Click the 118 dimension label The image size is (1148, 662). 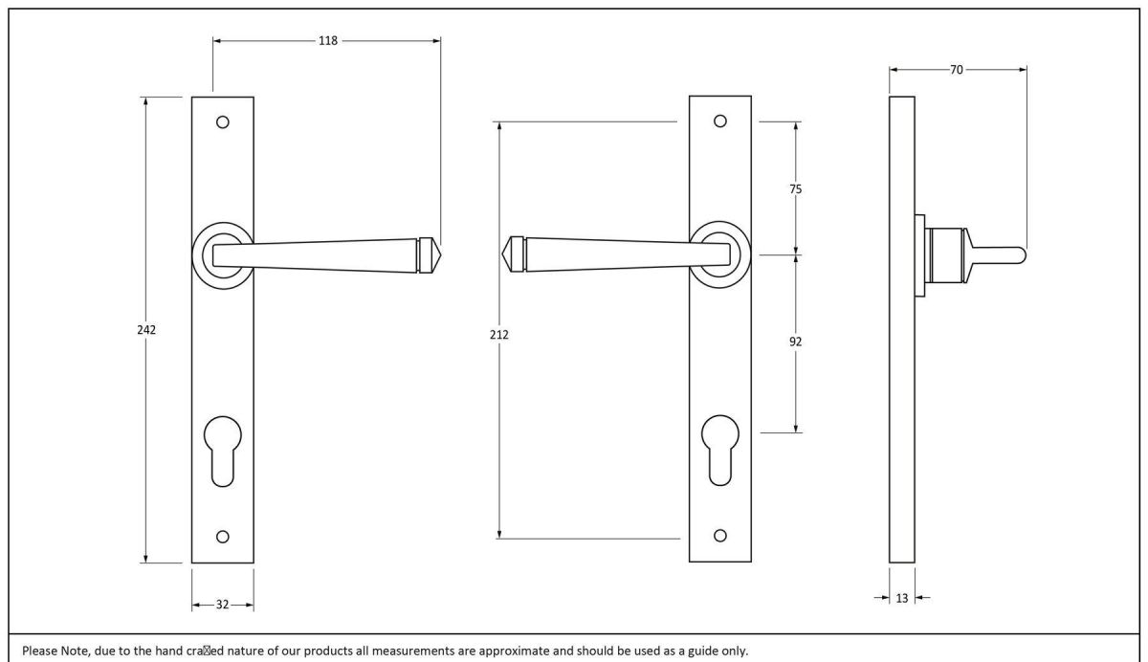(328, 41)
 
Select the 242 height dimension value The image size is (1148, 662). (145, 329)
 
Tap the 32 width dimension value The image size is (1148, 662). (222, 605)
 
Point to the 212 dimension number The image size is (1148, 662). (499, 335)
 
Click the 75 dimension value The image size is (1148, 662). (795, 189)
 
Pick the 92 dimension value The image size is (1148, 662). (795, 342)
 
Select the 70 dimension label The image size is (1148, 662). (957, 70)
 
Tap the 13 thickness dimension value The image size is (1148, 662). (902, 598)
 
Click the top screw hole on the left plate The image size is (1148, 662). (223, 122)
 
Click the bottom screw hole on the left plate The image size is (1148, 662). (223, 536)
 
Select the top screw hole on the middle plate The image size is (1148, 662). (720, 121)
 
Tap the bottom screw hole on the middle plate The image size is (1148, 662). (720, 535)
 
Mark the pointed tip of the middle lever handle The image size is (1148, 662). (505, 254)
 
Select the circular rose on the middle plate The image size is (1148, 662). (720, 254)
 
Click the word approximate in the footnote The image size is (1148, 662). (540, 651)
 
